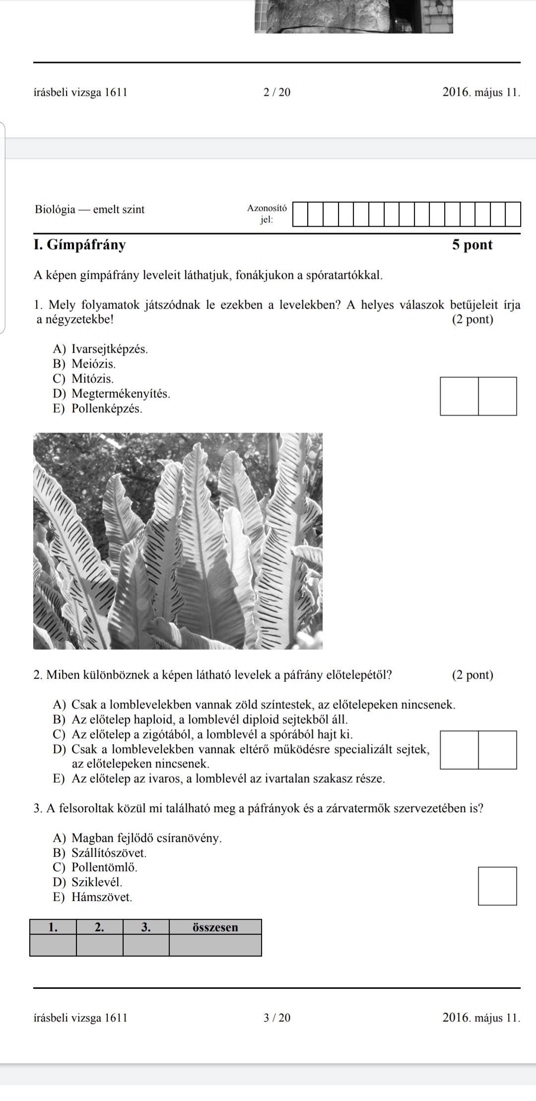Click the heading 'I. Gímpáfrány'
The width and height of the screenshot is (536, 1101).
[79, 245]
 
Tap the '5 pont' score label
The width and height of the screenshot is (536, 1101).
[472, 245]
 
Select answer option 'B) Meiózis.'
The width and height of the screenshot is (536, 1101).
[84, 364]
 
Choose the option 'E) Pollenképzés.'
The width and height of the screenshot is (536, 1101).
[97, 409]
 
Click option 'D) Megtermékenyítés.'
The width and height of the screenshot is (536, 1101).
[111, 394]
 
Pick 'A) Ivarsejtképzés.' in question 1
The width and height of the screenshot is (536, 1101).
[100, 349]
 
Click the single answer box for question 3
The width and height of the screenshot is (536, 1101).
[497, 886]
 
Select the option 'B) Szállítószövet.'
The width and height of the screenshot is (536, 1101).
[100, 853]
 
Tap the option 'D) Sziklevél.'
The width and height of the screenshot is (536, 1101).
[87, 882]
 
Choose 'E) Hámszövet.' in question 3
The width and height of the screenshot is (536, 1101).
[93, 897]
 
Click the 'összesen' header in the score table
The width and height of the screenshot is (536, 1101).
[215, 927]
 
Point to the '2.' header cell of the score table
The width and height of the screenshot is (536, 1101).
[99, 927]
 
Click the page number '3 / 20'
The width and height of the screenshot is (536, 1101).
[277, 1018]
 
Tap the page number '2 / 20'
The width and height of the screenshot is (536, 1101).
[277, 92]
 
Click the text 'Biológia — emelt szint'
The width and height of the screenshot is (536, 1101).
[90, 209]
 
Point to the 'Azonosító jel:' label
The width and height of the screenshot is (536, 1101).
[267, 214]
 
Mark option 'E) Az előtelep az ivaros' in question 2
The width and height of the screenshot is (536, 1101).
[219, 779]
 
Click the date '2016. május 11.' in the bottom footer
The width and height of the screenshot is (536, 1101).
[481, 1018]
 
